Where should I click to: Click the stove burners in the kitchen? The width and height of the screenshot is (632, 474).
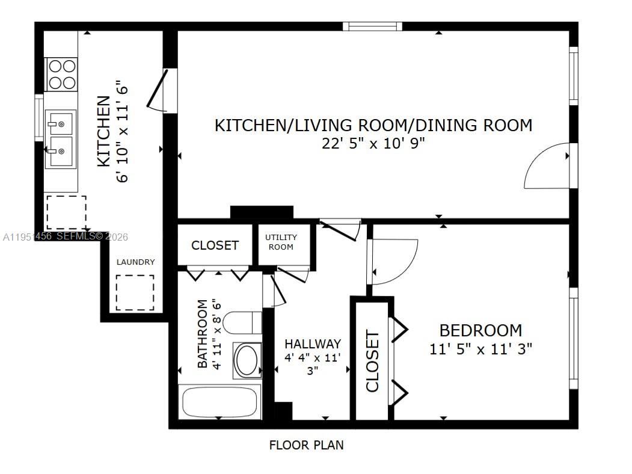(61, 73)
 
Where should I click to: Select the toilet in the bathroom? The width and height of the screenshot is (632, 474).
(247, 322)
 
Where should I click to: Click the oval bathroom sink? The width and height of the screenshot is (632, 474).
(247, 360)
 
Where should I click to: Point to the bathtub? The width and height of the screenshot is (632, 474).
(219, 402)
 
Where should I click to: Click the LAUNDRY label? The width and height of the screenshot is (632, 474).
(135, 262)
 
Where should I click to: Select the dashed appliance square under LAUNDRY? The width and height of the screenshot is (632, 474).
(135, 292)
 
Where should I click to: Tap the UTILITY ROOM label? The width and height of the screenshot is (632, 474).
(281, 242)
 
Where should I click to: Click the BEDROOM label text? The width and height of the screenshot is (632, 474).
(480, 330)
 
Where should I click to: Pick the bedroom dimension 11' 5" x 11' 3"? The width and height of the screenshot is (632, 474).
(480, 349)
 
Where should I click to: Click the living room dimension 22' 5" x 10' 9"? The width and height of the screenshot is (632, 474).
(373, 144)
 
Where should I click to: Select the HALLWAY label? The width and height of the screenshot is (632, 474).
(312, 344)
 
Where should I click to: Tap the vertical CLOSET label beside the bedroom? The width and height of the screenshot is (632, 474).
(372, 361)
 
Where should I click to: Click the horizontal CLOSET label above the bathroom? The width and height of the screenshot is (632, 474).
(215, 245)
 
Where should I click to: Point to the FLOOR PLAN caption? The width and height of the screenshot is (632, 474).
(306, 446)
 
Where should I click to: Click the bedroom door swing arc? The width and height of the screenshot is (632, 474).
(394, 261)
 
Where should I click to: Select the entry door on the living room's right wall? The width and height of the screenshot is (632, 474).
(547, 166)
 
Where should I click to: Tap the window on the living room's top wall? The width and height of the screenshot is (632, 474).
(372, 26)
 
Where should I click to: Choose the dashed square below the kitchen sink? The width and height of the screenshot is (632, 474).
(66, 212)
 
